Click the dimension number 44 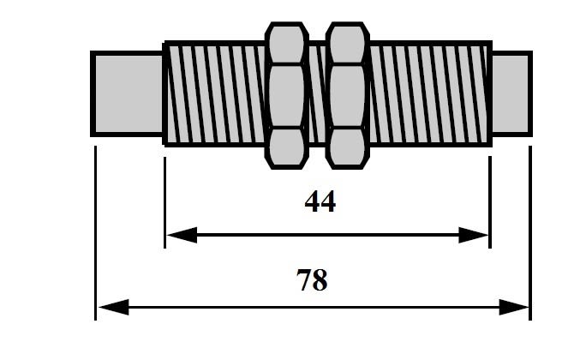coord(320,201)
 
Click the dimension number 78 coord(312,280)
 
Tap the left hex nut coord(287,95)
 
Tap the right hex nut coord(347,95)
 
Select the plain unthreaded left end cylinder coord(128,94)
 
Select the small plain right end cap coord(511,94)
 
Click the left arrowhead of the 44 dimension coord(182,235)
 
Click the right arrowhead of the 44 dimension coord(473,235)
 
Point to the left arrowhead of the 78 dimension coord(114,308)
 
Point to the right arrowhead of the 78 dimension coord(514,308)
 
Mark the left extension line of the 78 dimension coord(95,233)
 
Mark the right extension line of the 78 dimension coord(530,233)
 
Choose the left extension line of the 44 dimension coord(164,202)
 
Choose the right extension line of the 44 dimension coord(490,202)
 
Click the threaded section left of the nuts coord(215,94)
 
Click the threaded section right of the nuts coord(430,94)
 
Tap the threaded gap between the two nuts coord(317,94)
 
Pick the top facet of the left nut coord(287,44)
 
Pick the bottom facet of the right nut coord(347,147)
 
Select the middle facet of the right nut coord(347,96)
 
